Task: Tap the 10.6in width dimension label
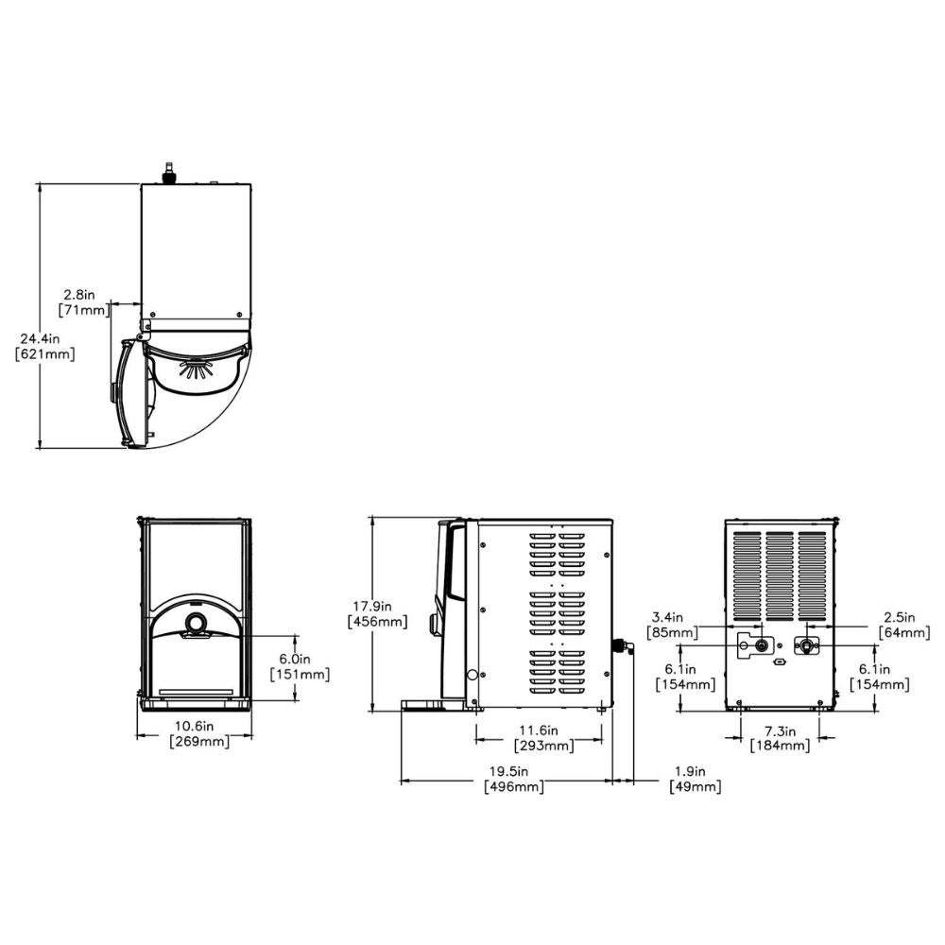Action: point(199,734)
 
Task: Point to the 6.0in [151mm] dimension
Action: point(299,667)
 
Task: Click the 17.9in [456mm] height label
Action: point(377,613)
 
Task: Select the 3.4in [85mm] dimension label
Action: point(671,624)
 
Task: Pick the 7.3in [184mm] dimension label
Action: point(780,738)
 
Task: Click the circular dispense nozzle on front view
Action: point(196,623)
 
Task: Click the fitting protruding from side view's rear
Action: point(621,647)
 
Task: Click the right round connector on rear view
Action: point(806,645)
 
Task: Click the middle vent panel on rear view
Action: point(780,572)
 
